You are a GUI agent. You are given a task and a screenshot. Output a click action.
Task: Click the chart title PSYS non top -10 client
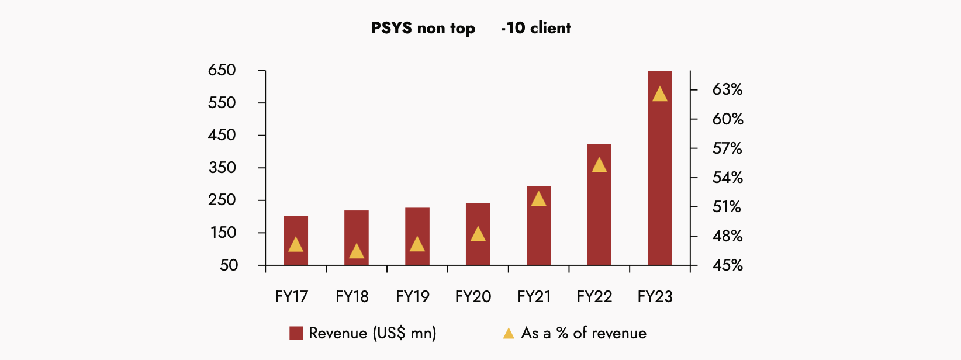click(x=471, y=28)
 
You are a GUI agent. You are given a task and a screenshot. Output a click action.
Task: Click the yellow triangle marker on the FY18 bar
click(x=357, y=252)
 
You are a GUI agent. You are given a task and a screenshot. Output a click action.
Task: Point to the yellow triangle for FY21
click(x=538, y=199)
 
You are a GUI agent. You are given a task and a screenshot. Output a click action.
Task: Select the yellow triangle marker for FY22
click(x=599, y=165)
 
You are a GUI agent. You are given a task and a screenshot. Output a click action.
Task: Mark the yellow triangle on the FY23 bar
click(x=659, y=94)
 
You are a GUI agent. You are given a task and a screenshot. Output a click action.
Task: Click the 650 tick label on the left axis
click(x=222, y=71)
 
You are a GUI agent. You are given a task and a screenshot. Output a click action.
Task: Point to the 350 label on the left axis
click(x=222, y=168)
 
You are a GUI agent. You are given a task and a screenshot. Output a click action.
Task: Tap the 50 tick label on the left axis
click(x=229, y=265)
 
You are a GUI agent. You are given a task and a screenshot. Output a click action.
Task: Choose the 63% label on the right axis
click(x=727, y=89)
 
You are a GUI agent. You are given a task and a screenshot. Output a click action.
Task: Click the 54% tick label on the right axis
click(x=727, y=178)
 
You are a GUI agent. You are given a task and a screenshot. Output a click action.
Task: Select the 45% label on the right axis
click(x=727, y=265)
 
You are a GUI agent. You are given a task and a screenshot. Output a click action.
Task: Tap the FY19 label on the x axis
click(x=413, y=297)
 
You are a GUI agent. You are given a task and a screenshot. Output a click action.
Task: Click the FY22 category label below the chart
click(x=594, y=297)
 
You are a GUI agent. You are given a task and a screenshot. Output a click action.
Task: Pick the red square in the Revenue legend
click(x=296, y=333)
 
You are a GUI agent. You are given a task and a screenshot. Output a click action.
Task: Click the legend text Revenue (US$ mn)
click(x=372, y=333)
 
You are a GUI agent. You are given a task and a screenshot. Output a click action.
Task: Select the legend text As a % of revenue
click(x=584, y=333)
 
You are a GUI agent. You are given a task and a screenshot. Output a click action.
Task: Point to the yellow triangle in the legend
click(x=509, y=333)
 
